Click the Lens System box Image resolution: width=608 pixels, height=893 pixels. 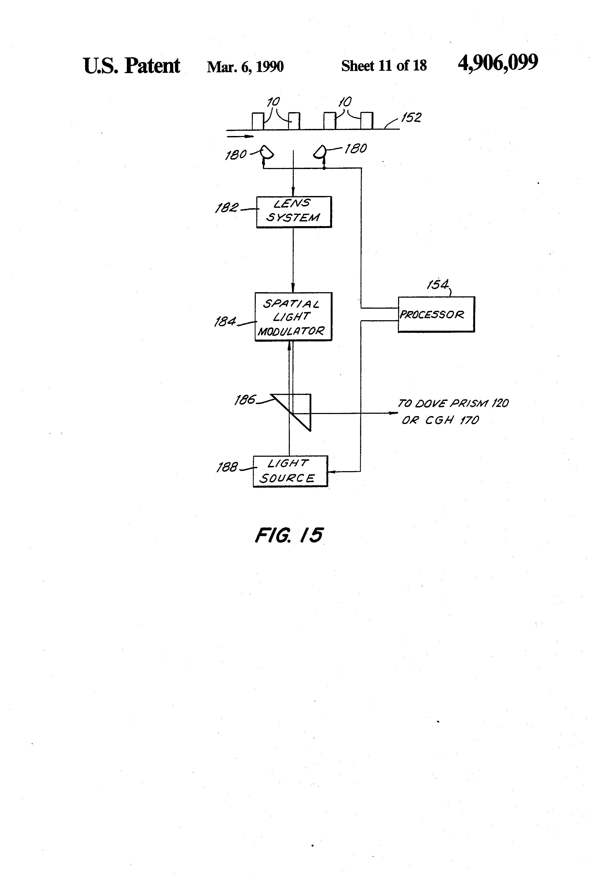click(x=294, y=212)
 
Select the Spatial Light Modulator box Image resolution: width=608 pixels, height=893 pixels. click(x=293, y=317)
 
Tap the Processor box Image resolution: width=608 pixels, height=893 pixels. click(x=436, y=314)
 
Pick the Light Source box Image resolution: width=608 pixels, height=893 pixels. click(x=290, y=471)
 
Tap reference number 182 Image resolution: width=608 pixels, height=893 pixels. click(x=227, y=208)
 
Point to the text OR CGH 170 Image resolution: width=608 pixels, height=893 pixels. click(x=440, y=420)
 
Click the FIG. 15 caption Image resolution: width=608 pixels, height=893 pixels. click(x=289, y=535)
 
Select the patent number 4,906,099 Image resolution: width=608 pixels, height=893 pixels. click(x=498, y=63)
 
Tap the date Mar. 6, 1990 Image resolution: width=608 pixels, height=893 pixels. click(x=245, y=67)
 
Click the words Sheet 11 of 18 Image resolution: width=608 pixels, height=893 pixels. click(x=384, y=66)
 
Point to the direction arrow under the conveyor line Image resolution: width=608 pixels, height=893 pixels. click(x=240, y=136)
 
